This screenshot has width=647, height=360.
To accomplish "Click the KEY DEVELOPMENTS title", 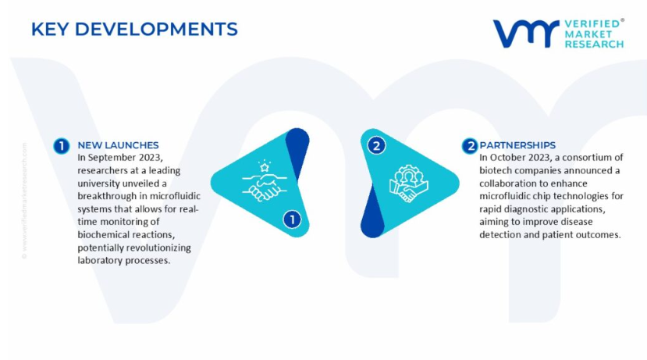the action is (x=134, y=30).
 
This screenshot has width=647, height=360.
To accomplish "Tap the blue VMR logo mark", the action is (x=526, y=34).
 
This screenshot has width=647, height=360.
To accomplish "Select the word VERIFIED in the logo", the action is (x=592, y=24).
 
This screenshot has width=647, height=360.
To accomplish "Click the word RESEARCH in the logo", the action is (x=594, y=44).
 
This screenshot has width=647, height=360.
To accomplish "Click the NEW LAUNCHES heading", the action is (x=118, y=145).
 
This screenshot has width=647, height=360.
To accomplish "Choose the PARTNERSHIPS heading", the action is (x=517, y=145).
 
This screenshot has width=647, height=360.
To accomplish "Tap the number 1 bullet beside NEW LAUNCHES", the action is (x=62, y=146).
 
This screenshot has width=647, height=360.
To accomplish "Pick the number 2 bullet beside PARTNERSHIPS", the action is (x=470, y=146).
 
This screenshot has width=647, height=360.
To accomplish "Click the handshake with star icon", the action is (x=264, y=181).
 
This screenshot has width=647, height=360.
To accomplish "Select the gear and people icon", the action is (x=408, y=184).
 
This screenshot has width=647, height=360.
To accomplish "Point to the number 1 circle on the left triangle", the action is (x=292, y=219).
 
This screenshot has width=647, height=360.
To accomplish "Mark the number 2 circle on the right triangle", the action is (x=376, y=146).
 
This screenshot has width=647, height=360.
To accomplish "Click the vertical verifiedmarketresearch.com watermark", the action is (x=24, y=201).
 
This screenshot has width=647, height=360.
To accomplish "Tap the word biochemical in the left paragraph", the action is (x=100, y=234).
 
